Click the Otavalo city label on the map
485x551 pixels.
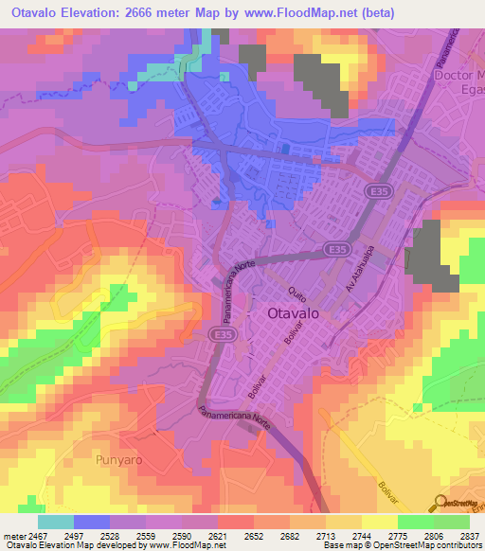(285, 315)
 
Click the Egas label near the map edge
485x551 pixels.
(472, 91)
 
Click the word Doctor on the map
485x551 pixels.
(458, 75)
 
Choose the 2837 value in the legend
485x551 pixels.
(468, 536)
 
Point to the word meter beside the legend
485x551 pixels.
(14, 536)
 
